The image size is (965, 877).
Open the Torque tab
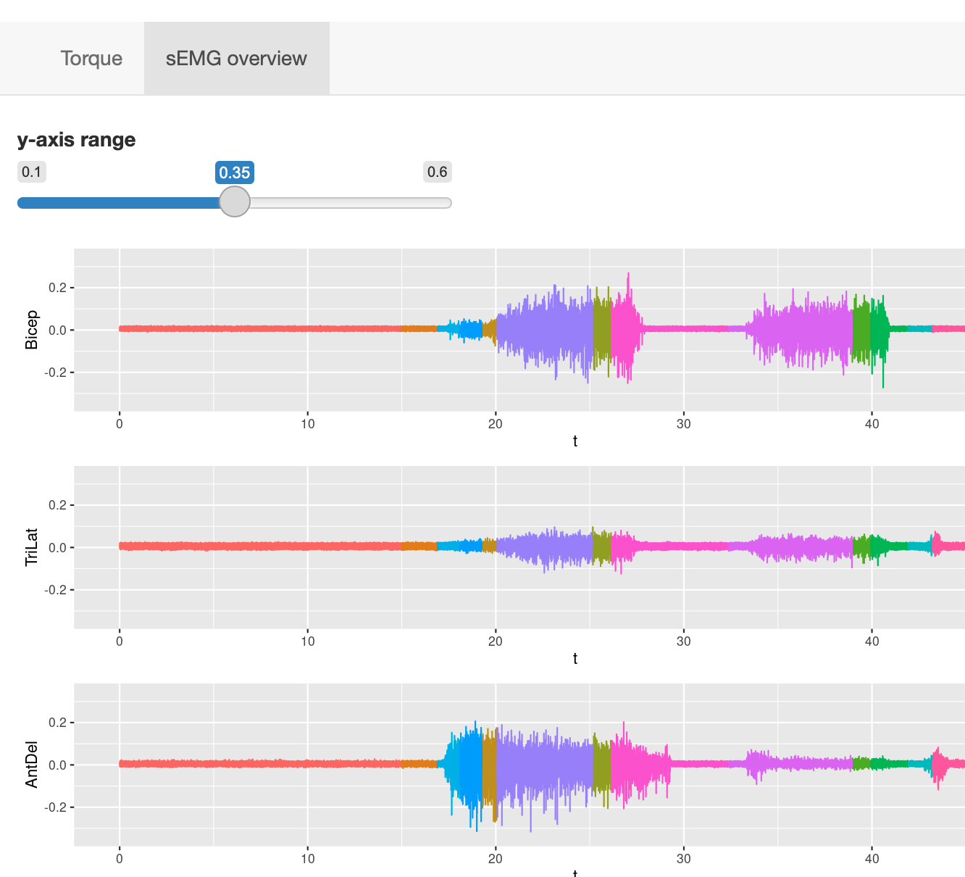(91, 58)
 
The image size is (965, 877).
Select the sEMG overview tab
(236, 58)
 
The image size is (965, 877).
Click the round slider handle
(235, 201)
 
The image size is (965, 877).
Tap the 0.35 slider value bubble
(235, 173)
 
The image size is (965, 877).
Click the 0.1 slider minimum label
(31, 172)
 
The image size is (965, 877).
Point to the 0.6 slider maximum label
(437, 172)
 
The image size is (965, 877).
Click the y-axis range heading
(77, 139)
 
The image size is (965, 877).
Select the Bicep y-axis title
(32, 330)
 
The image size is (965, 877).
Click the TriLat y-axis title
(32, 547)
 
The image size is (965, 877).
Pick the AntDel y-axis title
(32, 765)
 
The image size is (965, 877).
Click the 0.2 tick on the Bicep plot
(57, 288)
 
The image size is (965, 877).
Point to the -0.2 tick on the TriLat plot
(55, 590)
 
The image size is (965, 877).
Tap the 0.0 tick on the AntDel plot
(57, 765)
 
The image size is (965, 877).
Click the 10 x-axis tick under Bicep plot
(308, 424)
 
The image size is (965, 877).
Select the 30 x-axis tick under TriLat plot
(683, 641)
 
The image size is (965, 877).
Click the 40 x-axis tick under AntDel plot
(872, 859)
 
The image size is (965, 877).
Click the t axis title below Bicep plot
(575, 441)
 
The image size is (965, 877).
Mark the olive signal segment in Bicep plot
(601, 330)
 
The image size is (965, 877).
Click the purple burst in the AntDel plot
(543, 765)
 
